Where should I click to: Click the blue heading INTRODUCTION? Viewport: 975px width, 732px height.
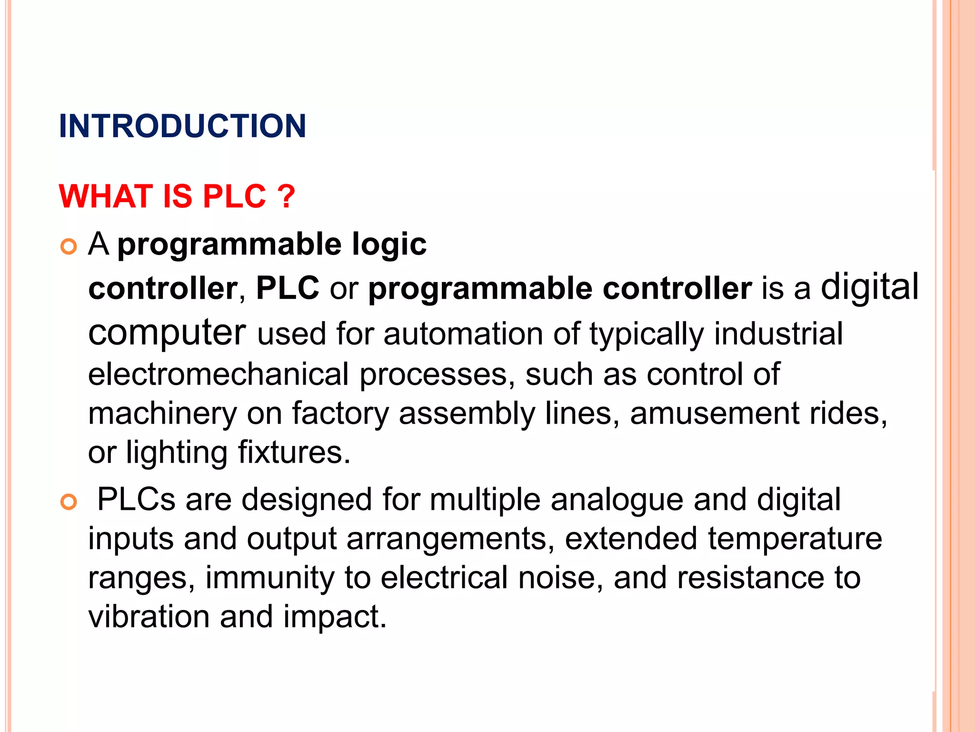click(182, 126)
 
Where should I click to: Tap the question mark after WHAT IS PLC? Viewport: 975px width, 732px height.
click(286, 196)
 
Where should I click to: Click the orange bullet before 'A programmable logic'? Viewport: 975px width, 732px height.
click(69, 246)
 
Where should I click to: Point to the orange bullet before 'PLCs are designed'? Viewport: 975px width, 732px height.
click(69, 502)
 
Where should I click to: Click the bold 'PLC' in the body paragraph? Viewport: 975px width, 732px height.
click(288, 288)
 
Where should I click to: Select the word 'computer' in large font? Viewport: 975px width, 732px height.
click(167, 332)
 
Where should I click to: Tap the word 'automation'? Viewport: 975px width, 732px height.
click(463, 334)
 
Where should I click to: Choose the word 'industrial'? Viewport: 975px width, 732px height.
click(778, 334)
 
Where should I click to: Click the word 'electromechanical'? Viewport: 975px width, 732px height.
click(219, 374)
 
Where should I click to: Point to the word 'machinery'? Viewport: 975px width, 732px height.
click(162, 413)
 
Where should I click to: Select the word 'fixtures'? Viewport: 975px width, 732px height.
click(294, 452)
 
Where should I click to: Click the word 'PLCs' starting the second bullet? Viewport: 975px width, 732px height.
click(136, 500)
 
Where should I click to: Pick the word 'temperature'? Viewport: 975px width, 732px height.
click(795, 539)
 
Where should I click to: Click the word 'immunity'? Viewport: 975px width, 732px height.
click(270, 578)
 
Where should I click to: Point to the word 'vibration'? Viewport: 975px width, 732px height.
click(149, 617)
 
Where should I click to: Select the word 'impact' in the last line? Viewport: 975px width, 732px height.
click(334, 617)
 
